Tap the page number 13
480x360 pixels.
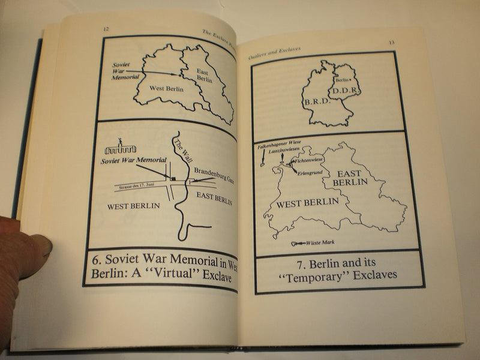point(391,43)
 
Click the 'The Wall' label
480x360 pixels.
point(181,146)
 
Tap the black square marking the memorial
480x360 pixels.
point(172,178)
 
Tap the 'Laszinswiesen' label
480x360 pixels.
point(284,151)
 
